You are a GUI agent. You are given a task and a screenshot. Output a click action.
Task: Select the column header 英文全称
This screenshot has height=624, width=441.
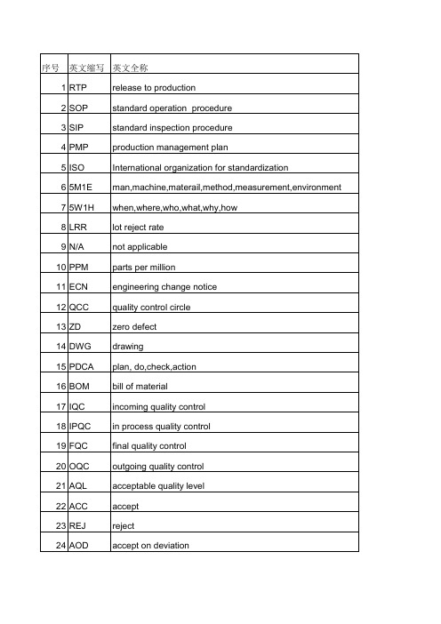[x=131, y=68]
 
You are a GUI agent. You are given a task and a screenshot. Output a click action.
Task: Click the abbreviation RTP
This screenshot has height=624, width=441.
[x=78, y=88]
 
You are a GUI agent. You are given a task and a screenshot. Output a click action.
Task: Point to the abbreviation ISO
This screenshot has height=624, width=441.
[x=77, y=167]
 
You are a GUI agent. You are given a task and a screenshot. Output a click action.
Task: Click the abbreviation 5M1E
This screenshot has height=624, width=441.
[x=82, y=188]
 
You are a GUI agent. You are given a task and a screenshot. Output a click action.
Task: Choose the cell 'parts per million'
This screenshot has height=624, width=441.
[x=140, y=247]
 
